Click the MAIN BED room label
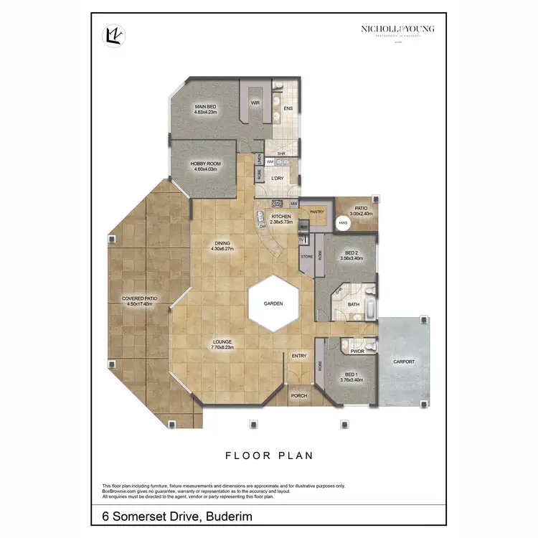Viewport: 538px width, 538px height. coord(206,106)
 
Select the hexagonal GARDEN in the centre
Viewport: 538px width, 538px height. coord(273,303)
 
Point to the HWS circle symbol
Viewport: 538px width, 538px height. coord(343,223)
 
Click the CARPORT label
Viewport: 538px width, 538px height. coord(404,362)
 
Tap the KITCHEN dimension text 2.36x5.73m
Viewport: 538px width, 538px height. coord(280,222)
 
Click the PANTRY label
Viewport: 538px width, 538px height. coord(317,212)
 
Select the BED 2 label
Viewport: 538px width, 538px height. coord(351,253)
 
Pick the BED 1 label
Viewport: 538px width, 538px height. coord(351,374)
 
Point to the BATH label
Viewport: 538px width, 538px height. coord(354,304)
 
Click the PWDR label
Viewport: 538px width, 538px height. coord(357,351)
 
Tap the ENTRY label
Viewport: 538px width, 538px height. coord(299,356)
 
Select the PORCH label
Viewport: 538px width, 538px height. coord(299,395)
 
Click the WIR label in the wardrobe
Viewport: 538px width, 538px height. coord(255,103)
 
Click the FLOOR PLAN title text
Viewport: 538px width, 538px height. coord(269,456)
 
